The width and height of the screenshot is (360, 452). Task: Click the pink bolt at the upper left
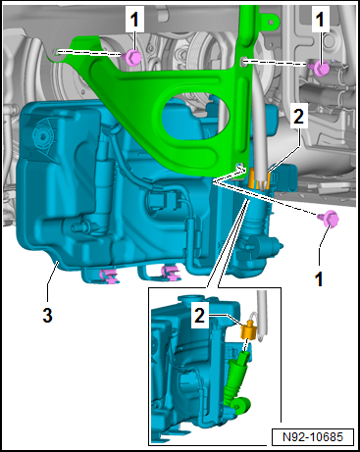point(133,57)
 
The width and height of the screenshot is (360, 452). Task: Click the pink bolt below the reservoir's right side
point(329,218)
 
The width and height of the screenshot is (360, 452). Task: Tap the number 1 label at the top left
point(134,20)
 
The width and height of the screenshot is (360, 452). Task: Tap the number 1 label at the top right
point(320,20)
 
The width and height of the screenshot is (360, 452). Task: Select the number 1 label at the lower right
point(319,278)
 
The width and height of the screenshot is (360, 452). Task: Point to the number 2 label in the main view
point(298,117)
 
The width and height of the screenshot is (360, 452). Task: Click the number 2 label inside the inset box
point(199,316)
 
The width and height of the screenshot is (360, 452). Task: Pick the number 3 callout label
point(47,315)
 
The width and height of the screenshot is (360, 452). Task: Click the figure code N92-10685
point(313,437)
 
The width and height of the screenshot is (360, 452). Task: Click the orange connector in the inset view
point(249,330)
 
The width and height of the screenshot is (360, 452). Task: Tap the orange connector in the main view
point(259,180)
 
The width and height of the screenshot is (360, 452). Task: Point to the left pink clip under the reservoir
point(109,276)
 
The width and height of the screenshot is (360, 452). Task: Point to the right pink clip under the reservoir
point(171,274)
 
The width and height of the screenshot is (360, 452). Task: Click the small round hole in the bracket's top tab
point(271,21)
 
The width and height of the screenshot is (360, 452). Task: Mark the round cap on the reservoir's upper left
point(41,135)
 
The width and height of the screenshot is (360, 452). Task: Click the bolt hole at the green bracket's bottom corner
point(239,165)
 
